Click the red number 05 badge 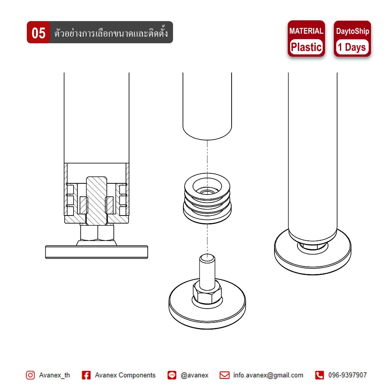click(39, 32)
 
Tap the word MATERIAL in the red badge click(306, 31)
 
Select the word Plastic click(306, 47)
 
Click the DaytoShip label click(353, 31)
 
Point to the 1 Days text click(352, 47)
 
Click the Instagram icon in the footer click(30, 375)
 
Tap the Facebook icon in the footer click(86, 375)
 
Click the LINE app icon click(172, 375)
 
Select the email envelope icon click(224, 375)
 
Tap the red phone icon click(319, 375)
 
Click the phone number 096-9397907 click(348, 375)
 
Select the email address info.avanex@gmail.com click(268, 375)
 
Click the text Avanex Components click(125, 375)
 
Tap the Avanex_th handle click(54, 375)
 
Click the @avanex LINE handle click(194, 375)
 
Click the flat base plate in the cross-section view click(96, 252)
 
